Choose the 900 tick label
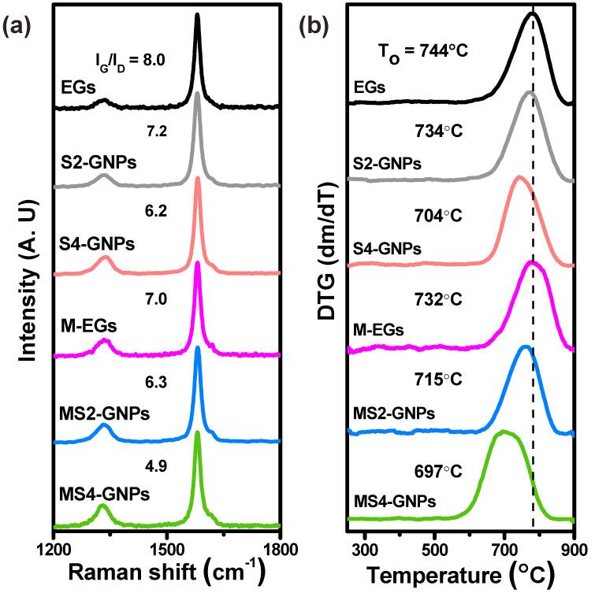[x=573, y=546]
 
